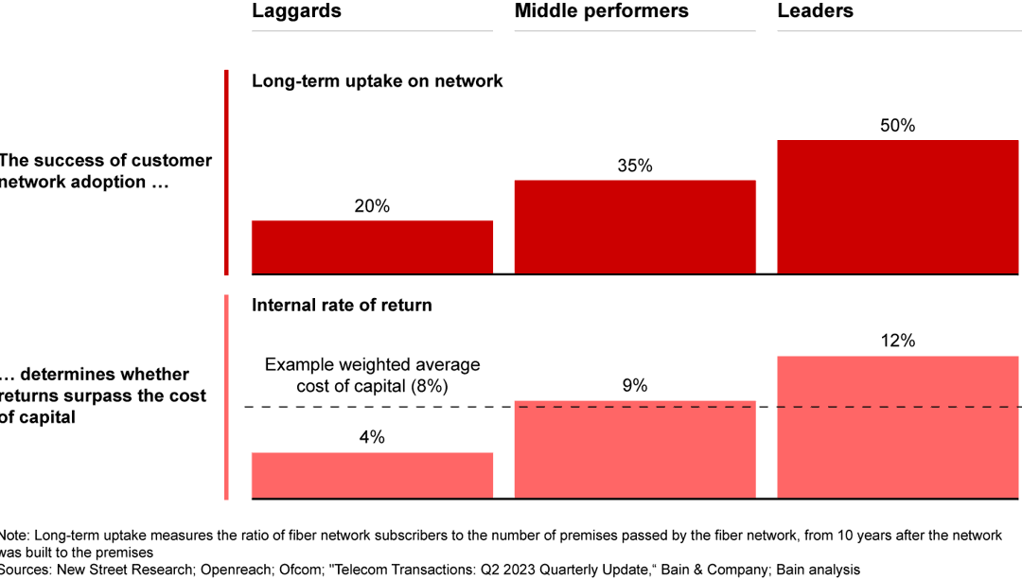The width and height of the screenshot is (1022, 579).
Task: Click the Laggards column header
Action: click(296, 11)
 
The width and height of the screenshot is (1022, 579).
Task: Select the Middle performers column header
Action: click(601, 11)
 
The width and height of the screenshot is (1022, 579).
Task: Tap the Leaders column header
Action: click(815, 11)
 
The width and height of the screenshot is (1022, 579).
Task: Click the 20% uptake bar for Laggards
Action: click(372, 247)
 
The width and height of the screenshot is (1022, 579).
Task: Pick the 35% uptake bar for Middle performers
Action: click(635, 227)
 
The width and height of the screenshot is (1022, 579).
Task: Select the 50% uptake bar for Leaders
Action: click(897, 207)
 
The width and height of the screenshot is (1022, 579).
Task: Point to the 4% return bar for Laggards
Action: click(372, 475)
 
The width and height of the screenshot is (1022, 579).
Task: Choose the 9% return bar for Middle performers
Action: click(635, 449)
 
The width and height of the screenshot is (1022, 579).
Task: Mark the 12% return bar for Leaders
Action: click(897, 427)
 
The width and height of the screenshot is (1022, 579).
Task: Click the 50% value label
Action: click(897, 126)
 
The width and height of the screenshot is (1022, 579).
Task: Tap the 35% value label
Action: click(635, 166)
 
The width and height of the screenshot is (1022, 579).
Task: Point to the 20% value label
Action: click(372, 206)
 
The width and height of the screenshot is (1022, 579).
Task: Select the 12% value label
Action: click(897, 342)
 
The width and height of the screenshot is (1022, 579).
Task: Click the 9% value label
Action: click(635, 386)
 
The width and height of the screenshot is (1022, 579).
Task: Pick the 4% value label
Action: click(372, 438)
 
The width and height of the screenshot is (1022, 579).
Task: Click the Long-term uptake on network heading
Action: click(377, 81)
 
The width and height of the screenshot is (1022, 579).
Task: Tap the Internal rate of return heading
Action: click(342, 306)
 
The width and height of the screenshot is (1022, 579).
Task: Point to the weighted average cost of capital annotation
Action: click(372, 376)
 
